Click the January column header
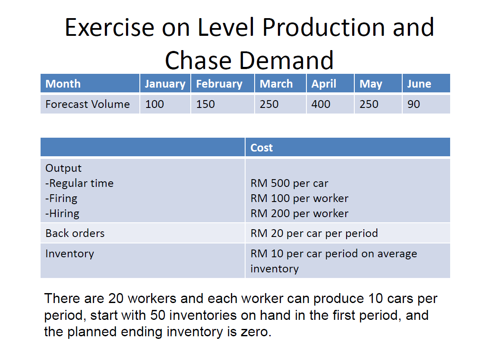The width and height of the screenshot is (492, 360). [165, 84]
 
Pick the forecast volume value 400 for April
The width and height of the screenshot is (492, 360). [321, 104]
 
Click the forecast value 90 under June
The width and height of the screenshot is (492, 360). [413, 104]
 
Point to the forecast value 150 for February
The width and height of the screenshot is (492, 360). [205, 104]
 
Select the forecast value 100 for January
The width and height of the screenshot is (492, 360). [155, 104]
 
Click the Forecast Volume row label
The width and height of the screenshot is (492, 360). [88, 104]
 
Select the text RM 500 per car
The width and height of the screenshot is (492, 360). [289, 183]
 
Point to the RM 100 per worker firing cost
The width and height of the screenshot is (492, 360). [300, 199]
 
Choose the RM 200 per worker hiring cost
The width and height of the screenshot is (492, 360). [300, 213]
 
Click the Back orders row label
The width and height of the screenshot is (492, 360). [75, 234]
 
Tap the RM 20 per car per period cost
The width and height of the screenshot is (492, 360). [314, 234]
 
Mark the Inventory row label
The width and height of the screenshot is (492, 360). [69, 254]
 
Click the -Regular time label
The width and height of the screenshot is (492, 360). [79, 183]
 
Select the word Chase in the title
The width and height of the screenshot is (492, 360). [198, 60]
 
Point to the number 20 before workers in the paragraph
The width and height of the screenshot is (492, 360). [116, 298]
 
